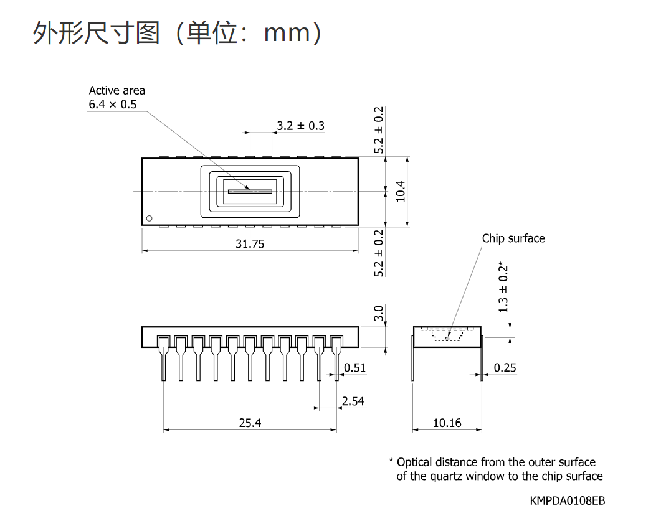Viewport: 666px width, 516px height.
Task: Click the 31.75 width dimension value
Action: (x=250, y=244)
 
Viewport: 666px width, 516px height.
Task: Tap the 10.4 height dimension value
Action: (x=401, y=191)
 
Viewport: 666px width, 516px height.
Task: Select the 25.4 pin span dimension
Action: (x=250, y=423)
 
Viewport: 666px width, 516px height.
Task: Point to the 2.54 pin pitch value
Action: (x=353, y=401)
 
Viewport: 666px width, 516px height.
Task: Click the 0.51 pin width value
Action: (x=354, y=367)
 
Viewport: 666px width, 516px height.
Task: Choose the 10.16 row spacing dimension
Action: (x=447, y=423)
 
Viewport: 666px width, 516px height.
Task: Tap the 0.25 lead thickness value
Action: (x=505, y=367)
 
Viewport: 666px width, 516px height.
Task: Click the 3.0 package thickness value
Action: (x=378, y=313)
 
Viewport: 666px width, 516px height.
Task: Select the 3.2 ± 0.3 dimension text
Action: (x=300, y=126)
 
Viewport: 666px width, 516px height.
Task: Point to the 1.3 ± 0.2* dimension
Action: (x=503, y=287)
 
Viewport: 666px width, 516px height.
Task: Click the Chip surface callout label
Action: (x=513, y=238)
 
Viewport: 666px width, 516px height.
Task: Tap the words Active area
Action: (x=117, y=90)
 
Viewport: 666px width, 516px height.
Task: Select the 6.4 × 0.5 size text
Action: (x=113, y=105)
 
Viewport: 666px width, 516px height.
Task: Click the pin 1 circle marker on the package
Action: (x=149, y=218)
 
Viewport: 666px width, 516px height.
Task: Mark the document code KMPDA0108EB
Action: (x=567, y=500)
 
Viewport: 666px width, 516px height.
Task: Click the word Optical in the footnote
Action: (x=415, y=462)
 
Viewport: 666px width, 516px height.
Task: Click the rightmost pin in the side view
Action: (x=336, y=358)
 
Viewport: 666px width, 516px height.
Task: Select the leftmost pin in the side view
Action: (x=163, y=358)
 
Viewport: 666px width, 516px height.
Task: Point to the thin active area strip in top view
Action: (x=250, y=191)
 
